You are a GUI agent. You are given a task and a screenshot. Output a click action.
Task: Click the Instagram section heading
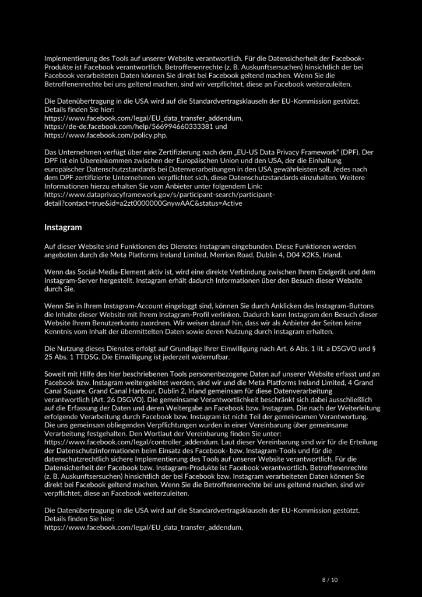coord(63,227)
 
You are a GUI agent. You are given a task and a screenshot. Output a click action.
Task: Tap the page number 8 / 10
coord(330,579)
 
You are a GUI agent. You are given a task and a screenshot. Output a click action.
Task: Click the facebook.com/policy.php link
coord(105,135)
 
